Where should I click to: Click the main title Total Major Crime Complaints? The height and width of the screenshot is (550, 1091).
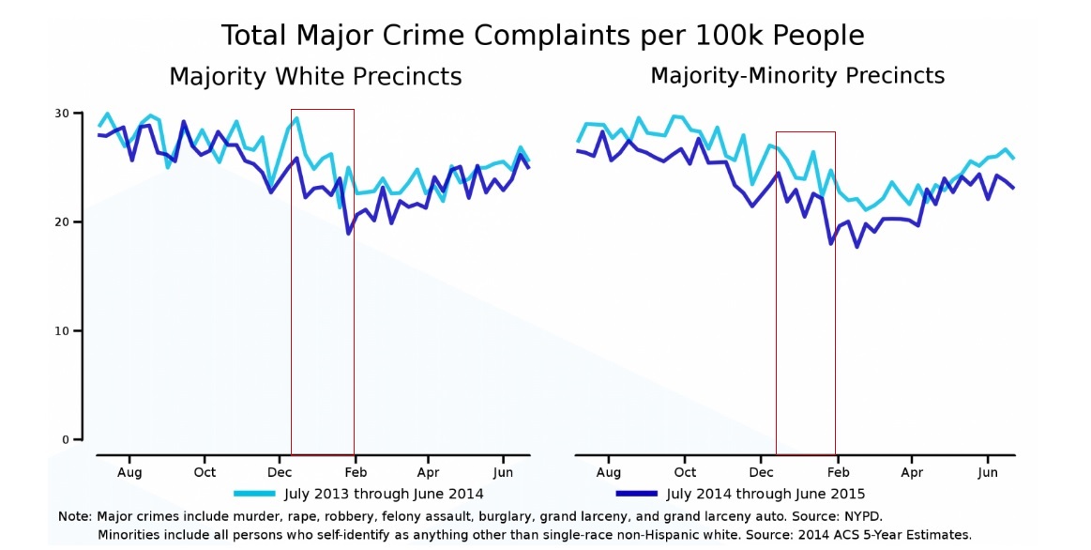click(542, 36)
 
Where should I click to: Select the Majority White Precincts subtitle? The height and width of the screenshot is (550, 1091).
click(315, 77)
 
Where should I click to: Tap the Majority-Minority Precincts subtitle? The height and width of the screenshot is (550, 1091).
click(797, 75)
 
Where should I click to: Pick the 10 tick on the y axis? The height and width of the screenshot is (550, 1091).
click(62, 331)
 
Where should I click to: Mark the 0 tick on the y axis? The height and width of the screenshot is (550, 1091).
click(66, 440)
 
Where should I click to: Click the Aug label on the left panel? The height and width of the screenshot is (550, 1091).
click(129, 472)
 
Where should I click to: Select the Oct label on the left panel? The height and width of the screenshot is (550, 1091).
click(205, 472)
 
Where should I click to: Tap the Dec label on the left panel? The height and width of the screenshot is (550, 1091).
click(280, 472)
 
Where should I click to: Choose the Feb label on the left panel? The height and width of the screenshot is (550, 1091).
click(354, 472)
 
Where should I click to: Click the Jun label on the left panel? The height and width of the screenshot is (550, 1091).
click(503, 472)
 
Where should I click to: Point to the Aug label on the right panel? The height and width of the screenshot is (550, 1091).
click(608, 472)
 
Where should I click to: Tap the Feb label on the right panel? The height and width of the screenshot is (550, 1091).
click(838, 472)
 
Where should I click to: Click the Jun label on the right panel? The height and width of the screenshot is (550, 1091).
click(987, 472)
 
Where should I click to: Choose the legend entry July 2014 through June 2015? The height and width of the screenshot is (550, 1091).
click(765, 494)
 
